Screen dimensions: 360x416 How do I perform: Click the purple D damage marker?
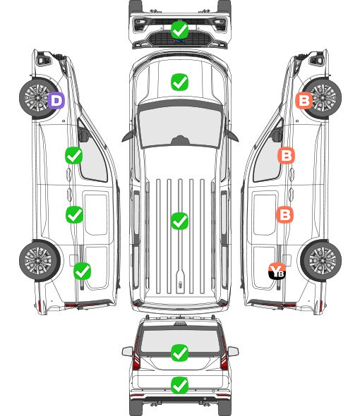pyautogui.click(x=56, y=100)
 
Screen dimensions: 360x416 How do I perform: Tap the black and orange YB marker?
pyautogui.click(x=277, y=271)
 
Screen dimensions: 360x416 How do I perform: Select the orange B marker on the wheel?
pyautogui.click(x=304, y=100)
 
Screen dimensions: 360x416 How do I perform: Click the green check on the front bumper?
pyautogui.click(x=179, y=30)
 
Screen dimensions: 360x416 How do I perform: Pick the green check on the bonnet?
pyautogui.click(x=179, y=82)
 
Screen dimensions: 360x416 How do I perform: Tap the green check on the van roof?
pyautogui.click(x=179, y=221)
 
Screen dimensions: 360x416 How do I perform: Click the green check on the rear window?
pyautogui.click(x=179, y=353)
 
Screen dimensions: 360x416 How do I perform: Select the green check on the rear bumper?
pyautogui.click(x=179, y=385)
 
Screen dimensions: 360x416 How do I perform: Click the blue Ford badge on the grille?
pyautogui.click(x=179, y=41)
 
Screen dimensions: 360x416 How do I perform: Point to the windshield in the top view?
pyautogui.click(x=180, y=126)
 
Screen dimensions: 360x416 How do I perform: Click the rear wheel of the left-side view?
pyautogui.click(x=40, y=261)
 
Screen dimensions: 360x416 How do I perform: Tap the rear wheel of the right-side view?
pyautogui.click(x=321, y=261)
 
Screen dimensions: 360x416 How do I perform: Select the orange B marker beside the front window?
pyautogui.click(x=286, y=155)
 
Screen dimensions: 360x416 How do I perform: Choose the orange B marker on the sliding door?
pyautogui.click(x=284, y=214)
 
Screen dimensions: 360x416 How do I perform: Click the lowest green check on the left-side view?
pyautogui.click(x=82, y=271)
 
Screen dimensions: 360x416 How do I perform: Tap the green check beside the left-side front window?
pyautogui.click(x=73, y=155)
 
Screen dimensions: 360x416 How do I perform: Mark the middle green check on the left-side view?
pyautogui.click(x=74, y=214)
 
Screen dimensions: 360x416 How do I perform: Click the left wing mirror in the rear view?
pyautogui.click(x=127, y=351)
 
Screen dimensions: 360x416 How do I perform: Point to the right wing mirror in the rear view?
pyautogui.click(x=233, y=351)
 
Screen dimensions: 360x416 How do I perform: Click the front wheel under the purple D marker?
pyautogui.click(x=39, y=97)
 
